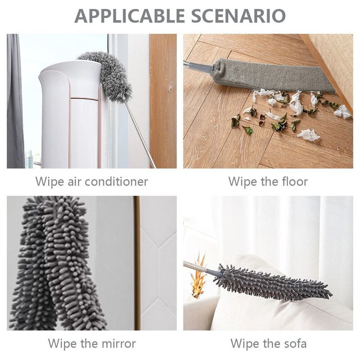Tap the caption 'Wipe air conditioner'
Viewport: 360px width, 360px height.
coord(92,182)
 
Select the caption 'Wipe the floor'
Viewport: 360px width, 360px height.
coord(268,182)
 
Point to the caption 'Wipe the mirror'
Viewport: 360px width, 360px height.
coord(92,344)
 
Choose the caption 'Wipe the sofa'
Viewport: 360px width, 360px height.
coord(269,344)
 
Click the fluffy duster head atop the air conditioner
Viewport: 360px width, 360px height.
coord(108,74)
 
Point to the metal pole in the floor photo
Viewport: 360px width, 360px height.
coord(196,66)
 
